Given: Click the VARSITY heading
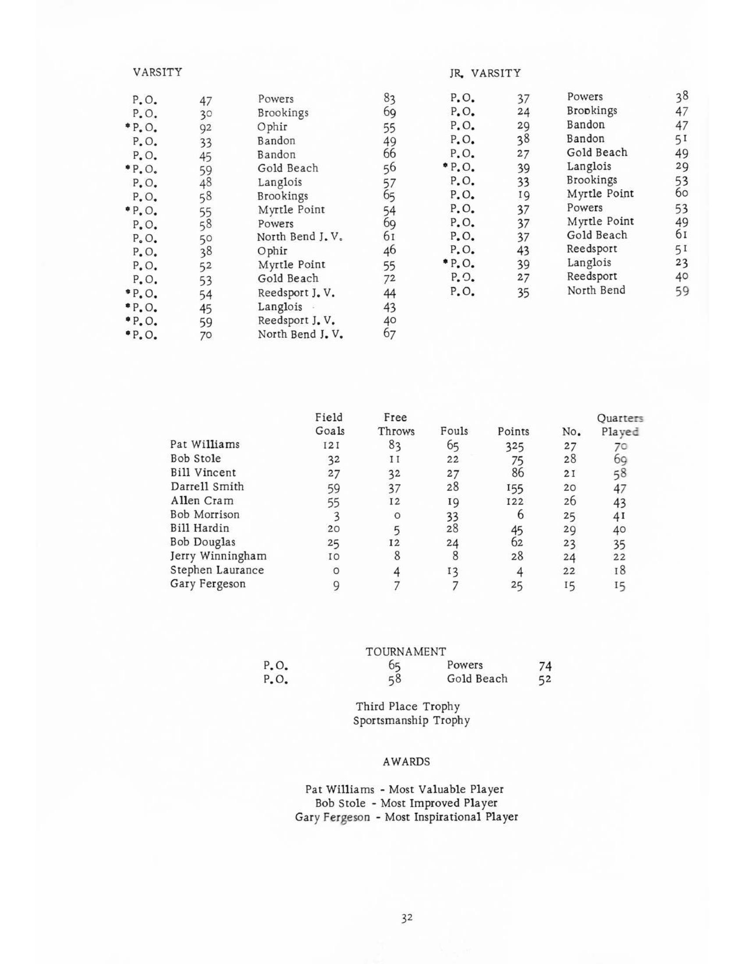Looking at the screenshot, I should click(157, 72).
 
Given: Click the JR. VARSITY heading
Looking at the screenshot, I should click(485, 73).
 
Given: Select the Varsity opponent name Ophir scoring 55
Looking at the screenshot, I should click(272, 127).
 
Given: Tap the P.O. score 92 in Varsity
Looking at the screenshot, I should click(205, 128).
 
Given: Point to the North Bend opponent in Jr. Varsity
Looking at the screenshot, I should click(596, 291).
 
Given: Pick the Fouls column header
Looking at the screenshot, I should click(454, 431).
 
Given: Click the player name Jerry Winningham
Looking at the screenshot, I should click(219, 556).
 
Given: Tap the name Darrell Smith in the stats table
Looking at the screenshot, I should click(207, 487).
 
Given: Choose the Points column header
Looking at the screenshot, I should click(513, 431).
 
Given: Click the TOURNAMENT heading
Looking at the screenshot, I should click(406, 652).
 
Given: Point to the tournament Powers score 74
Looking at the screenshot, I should click(546, 666).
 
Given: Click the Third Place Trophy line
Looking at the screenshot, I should click(408, 707).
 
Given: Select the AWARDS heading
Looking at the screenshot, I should click(406, 762).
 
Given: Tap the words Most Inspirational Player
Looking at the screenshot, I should click(451, 817).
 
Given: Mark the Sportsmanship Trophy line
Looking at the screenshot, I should click(411, 721).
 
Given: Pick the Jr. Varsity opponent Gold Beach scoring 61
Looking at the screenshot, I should click(597, 235).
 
